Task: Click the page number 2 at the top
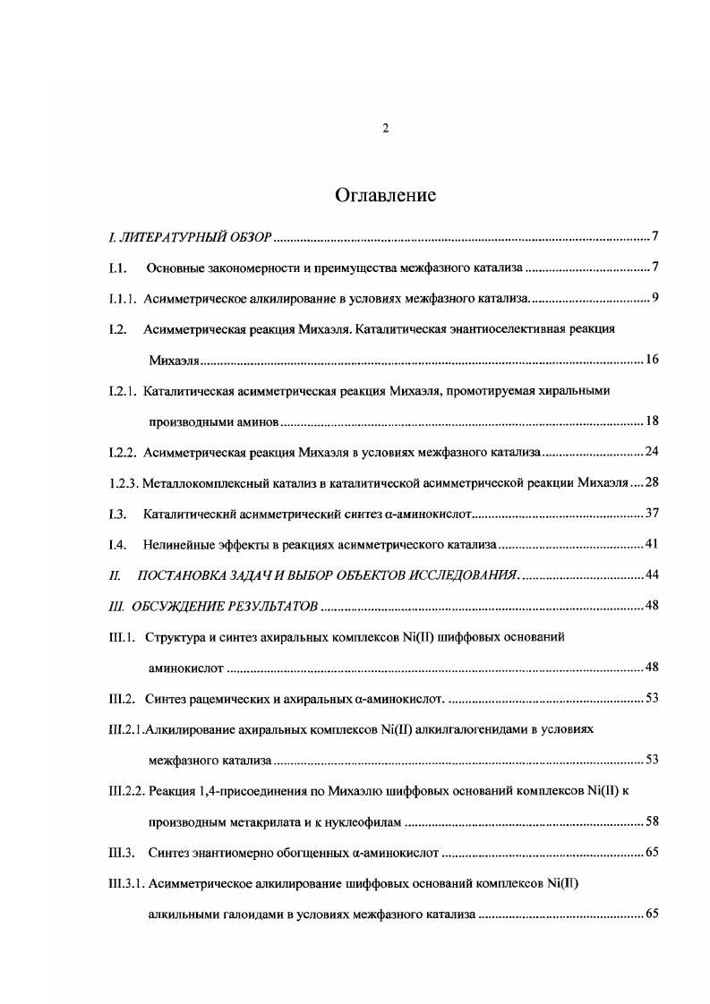(x=385, y=128)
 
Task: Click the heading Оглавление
(x=385, y=194)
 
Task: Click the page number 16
(x=652, y=360)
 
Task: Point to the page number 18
(x=652, y=421)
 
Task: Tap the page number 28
(x=652, y=483)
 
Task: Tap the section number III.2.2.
(x=126, y=792)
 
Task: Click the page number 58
(x=652, y=822)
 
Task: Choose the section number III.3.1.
(x=126, y=885)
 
